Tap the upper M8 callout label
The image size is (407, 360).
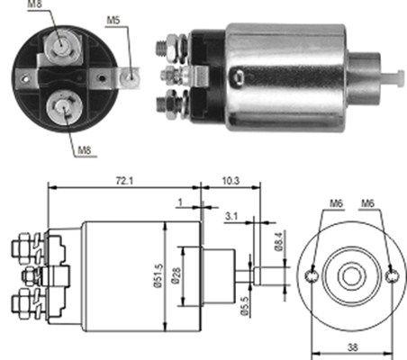click(34, 5)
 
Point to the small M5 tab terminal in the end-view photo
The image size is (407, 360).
click(131, 76)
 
